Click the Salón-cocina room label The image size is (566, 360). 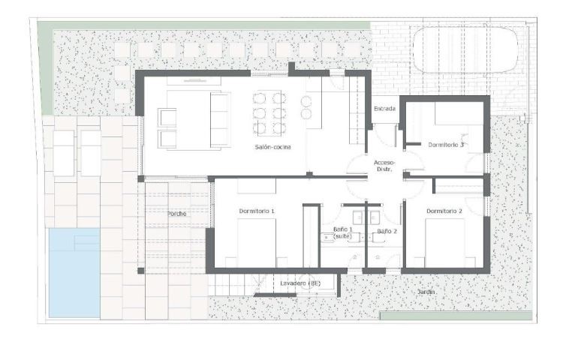coord(272,147)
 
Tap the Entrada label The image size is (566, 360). coord(384,109)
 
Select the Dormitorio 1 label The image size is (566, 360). coord(257,211)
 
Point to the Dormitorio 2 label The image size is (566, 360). coord(444,211)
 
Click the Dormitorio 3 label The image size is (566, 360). coord(446,145)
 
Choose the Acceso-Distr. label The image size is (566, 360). coord(384,166)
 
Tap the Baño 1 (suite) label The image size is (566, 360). coord(342,232)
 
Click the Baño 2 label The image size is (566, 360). coord(387,231)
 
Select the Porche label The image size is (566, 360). coord(177,214)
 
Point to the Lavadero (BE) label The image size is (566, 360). coord(300,283)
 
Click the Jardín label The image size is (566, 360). coord(426,292)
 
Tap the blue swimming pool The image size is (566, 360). coord(74,273)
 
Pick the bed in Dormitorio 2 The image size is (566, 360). coord(444,243)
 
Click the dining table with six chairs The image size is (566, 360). coord(269,113)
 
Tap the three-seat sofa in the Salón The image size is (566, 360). coord(220,120)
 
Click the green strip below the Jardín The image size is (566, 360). coord(456,316)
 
